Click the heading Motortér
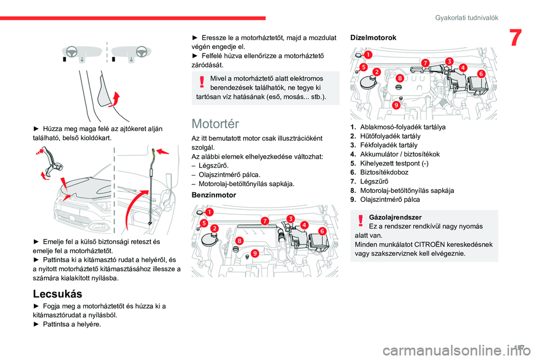[215, 124]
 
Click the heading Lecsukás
[58, 294]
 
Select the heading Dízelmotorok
[373, 37]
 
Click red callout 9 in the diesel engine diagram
[397, 105]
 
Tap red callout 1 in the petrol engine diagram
[209, 213]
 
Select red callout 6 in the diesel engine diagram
[481, 74]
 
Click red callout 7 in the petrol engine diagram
[264, 220]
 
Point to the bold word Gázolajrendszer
[394, 217]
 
